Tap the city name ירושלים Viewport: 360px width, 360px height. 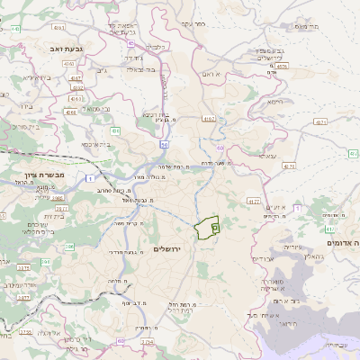pos(167,249)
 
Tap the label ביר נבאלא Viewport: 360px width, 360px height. pos(140,67)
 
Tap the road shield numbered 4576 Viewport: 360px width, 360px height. pos(282,65)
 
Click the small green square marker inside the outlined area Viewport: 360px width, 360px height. pos(215,229)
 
